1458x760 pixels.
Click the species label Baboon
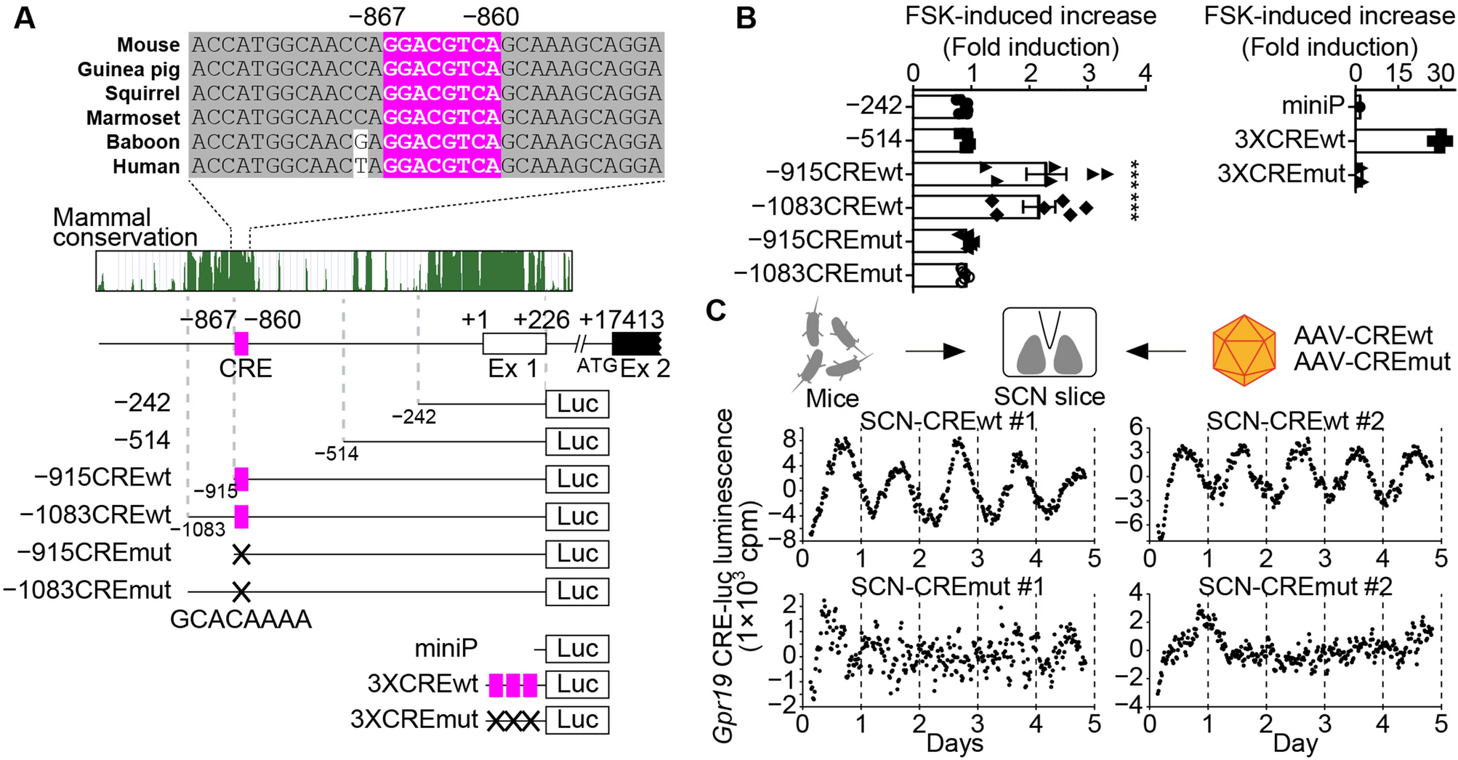click(x=142, y=142)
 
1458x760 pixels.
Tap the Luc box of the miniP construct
click(x=577, y=649)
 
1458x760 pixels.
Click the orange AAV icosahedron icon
click(x=1244, y=350)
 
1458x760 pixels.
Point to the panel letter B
click(x=746, y=18)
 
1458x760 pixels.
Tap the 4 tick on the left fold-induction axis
click(x=1145, y=73)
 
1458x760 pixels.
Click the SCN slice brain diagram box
click(x=1049, y=342)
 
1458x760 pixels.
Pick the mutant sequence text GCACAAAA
click(x=241, y=619)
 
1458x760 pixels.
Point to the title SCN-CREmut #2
click(x=1295, y=586)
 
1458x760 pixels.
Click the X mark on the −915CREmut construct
click(x=241, y=555)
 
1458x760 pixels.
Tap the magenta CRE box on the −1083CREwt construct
click(x=241, y=517)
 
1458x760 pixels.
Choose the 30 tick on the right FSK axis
click(x=1440, y=73)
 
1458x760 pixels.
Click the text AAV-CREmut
click(x=1372, y=361)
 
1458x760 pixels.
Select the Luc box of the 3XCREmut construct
click(x=577, y=719)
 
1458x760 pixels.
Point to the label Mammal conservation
click(x=124, y=227)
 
